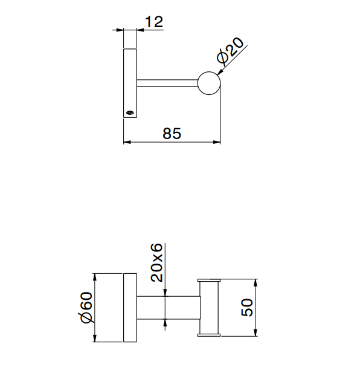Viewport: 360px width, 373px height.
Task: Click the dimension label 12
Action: pos(154,22)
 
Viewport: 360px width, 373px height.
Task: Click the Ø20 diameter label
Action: pos(230,51)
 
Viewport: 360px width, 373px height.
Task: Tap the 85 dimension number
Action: pos(172,134)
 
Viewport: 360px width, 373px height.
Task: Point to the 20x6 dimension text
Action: pos(156,262)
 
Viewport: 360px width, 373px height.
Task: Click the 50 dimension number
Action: pos(247,308)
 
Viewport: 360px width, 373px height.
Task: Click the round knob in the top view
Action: pos(209,83)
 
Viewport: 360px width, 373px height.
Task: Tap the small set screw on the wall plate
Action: pos(130,112)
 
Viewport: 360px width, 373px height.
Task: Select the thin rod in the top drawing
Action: pos(167,83)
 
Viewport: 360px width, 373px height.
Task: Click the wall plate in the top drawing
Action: pos(130,83)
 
